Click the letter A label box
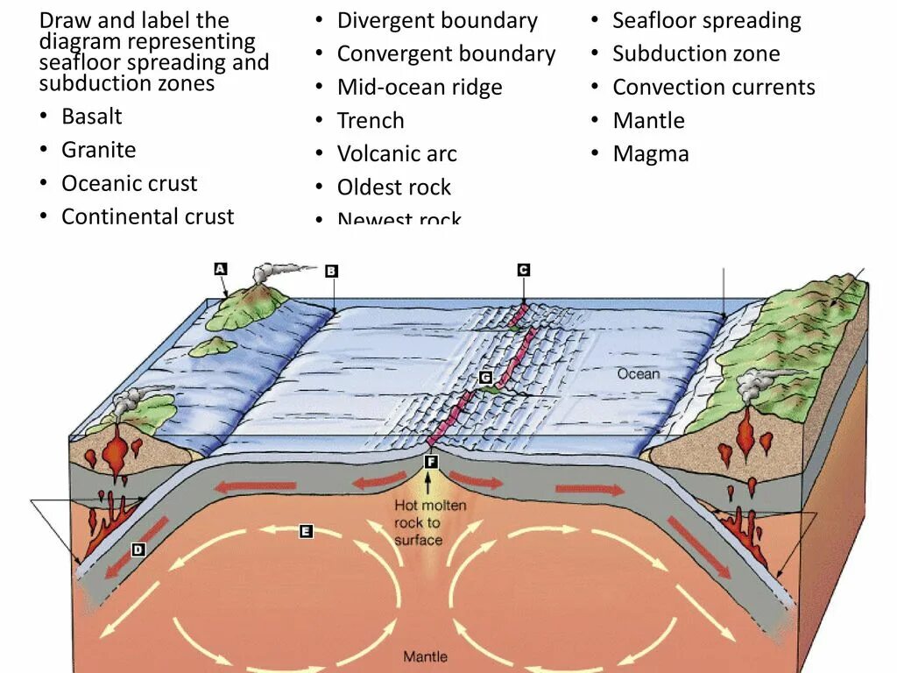[x=221, y=269]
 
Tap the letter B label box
[x=331, y=272]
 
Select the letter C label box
[x=523, y=270]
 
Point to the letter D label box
[x=138, y=549]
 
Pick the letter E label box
[x=306, y=530]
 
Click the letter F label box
[x=430, y=461]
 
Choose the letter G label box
[x=485, y=378]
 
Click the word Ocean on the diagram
[x=638, y=373]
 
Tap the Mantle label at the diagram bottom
[x=425, y=656]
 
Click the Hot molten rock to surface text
[x=429, y=522]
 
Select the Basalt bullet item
[x=91, y=117]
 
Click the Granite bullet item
[x=98, y=150]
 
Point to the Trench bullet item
[x=371, y=121]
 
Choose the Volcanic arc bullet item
[x=397, y=154]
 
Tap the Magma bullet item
[x=651, y=154]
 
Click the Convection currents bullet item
[x=713, y=88]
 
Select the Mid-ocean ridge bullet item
[x=420, y=88]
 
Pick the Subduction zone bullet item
[x=696, y=54]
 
